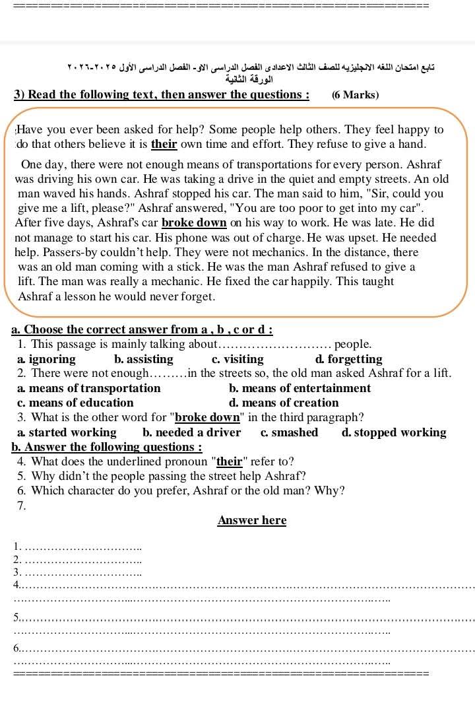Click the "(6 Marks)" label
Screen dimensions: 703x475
pyautogui.click(x=356, y=95)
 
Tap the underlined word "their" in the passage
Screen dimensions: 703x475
pyautogui.click(x=164, y=144)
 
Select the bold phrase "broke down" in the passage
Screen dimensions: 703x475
pyautogui.click(x=194, y=223)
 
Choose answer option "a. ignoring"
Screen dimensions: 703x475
pyautogui.click(x=47, y=359)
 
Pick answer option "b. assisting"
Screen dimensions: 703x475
pyautogui.click(x=144, y=359)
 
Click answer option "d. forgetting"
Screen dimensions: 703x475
pyautogui.click(x=349, y=359)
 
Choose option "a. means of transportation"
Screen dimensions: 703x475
pyautogui.click(x=89, y=388)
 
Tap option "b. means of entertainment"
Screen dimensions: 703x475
pyautogui.click(x=300, y=388)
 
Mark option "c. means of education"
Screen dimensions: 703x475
pyautogui.click(x=76, y=403)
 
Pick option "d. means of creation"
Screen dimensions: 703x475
pyautogui.click(x=284, y=403)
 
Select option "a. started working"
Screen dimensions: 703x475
pyautogui.click(x=67, y=433)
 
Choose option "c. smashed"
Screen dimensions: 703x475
pyautogui.click(x=289, y=433)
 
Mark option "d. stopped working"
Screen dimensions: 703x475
pyautogui.click(x=394, y=433)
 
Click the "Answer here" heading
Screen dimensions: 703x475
pyautogui.click(x=252, y=520)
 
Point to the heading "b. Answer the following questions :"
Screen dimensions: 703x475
pyautogui.click(x=107, y=447)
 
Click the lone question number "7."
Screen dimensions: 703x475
pyautogui.click(x=22, y=506)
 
